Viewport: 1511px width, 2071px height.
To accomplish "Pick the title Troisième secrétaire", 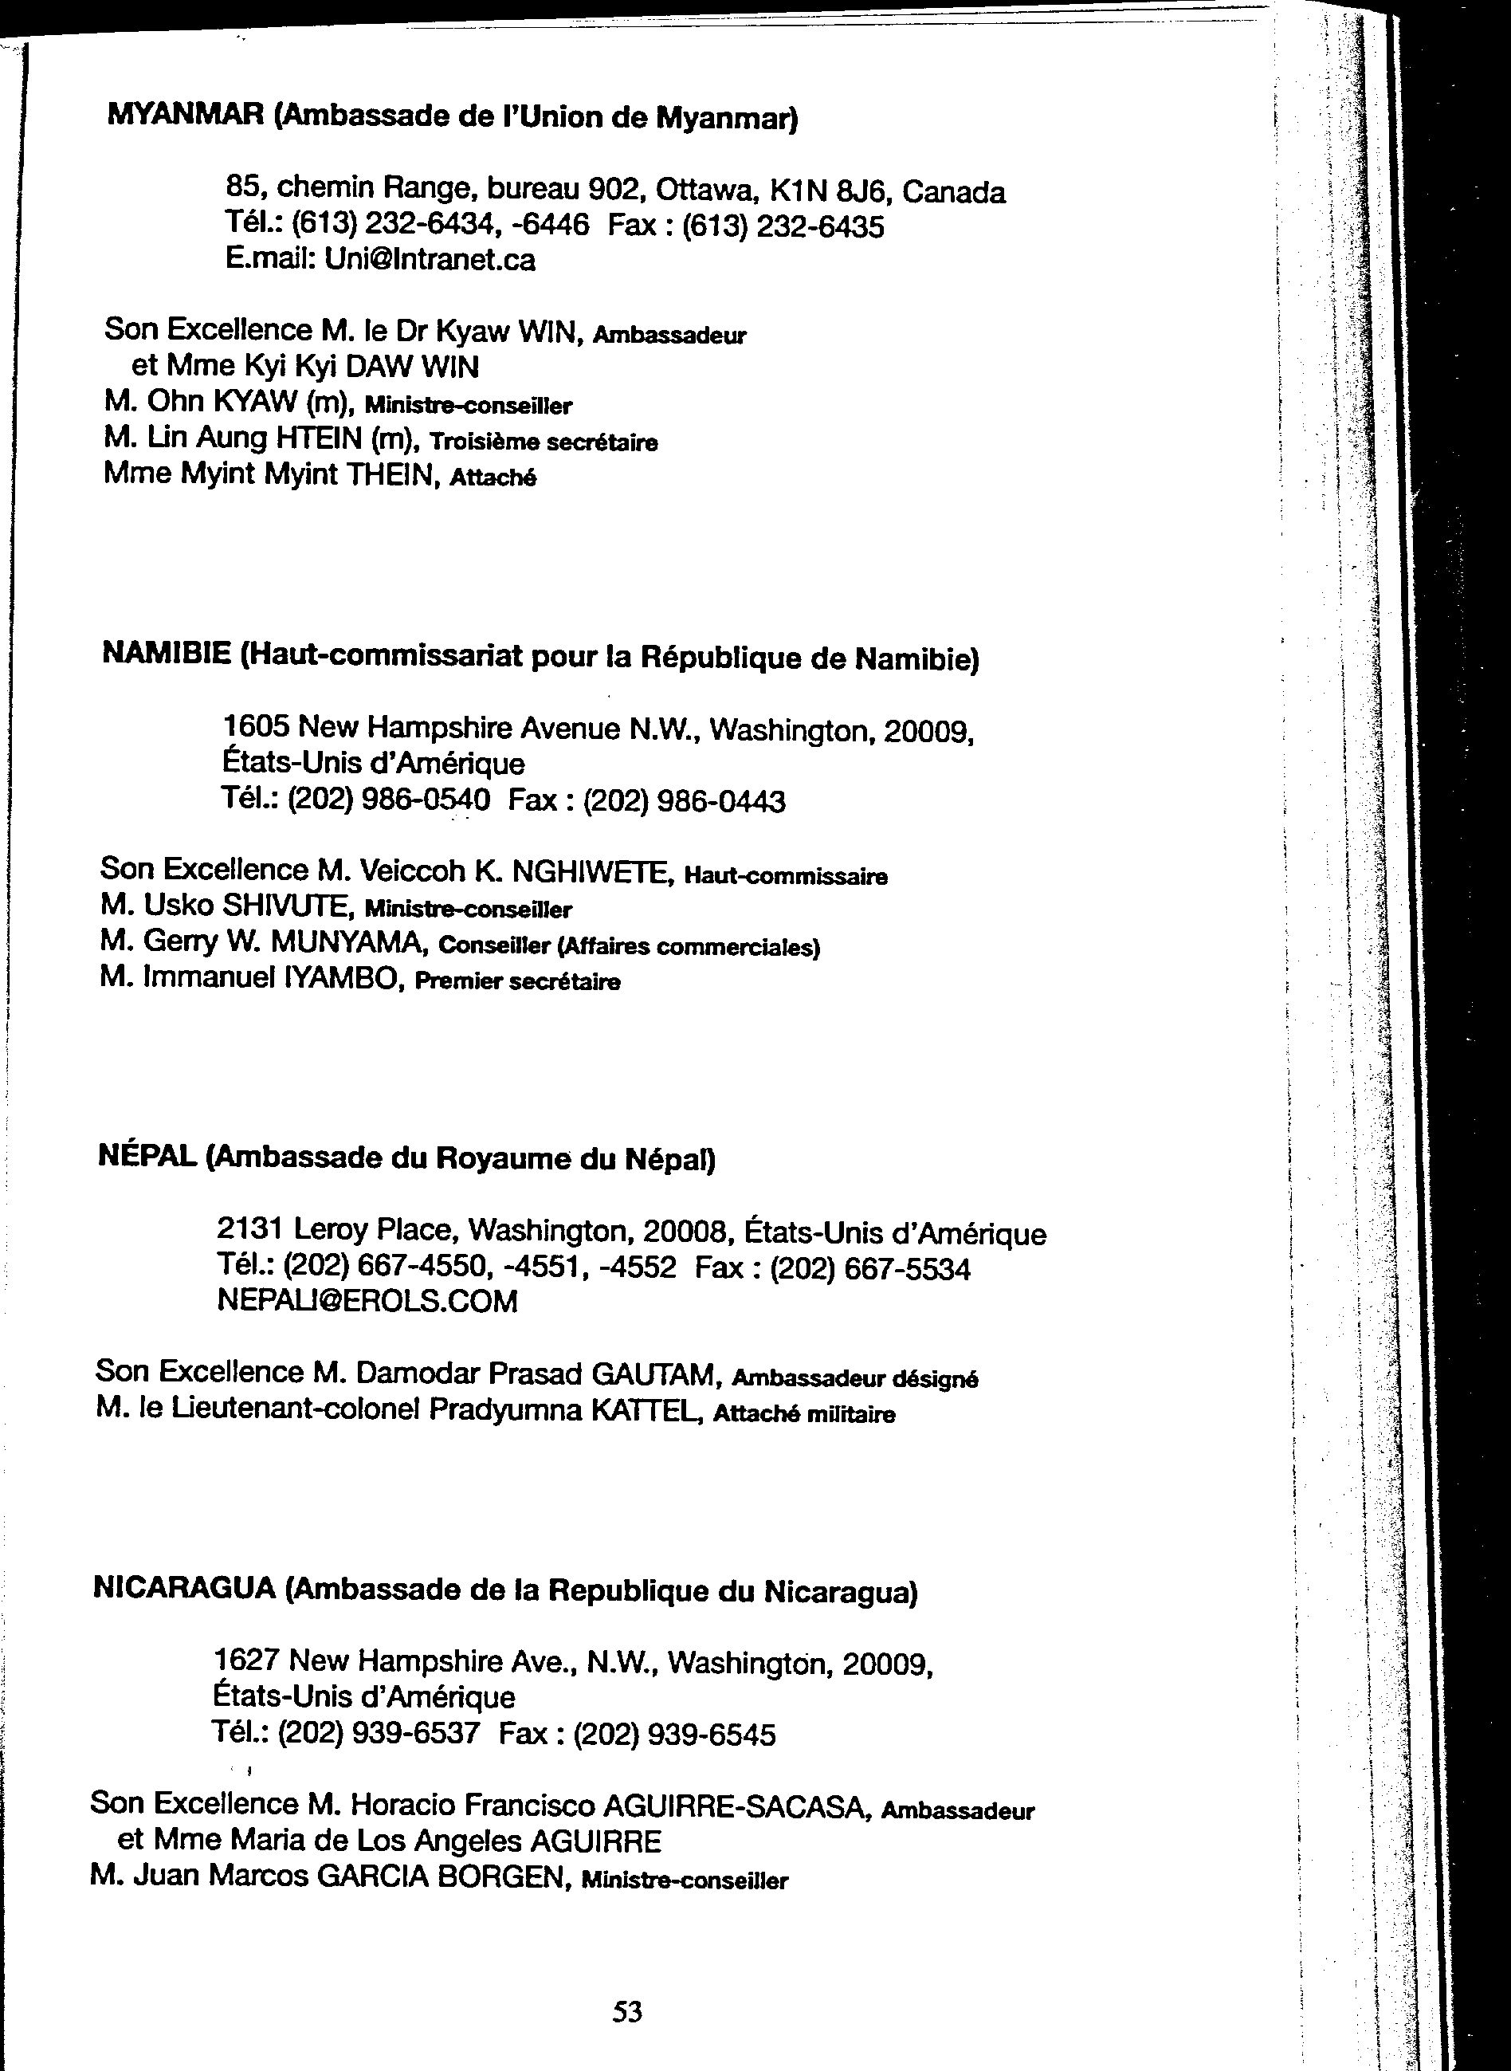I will tap(544, 442).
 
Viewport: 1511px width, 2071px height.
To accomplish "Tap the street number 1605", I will tap(256, 726).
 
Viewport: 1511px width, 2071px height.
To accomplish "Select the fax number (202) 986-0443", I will tap(684, 802).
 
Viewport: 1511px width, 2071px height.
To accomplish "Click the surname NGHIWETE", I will tap(594, 873).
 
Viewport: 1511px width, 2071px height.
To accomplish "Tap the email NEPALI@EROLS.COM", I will tap(367, 1301).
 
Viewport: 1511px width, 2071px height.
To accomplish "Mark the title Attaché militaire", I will tap(804, 1414).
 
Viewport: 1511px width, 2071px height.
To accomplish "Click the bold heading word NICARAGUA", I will tap(185, 1589).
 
